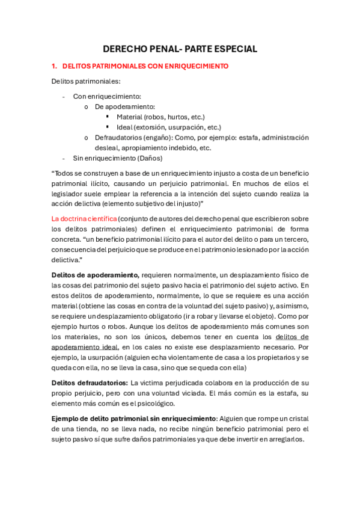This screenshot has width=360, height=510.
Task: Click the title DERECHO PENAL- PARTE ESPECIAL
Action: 180,49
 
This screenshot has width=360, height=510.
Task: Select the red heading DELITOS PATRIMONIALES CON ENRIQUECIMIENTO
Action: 149,66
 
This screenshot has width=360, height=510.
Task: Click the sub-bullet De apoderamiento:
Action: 124,106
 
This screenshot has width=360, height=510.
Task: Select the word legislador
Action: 69,193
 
